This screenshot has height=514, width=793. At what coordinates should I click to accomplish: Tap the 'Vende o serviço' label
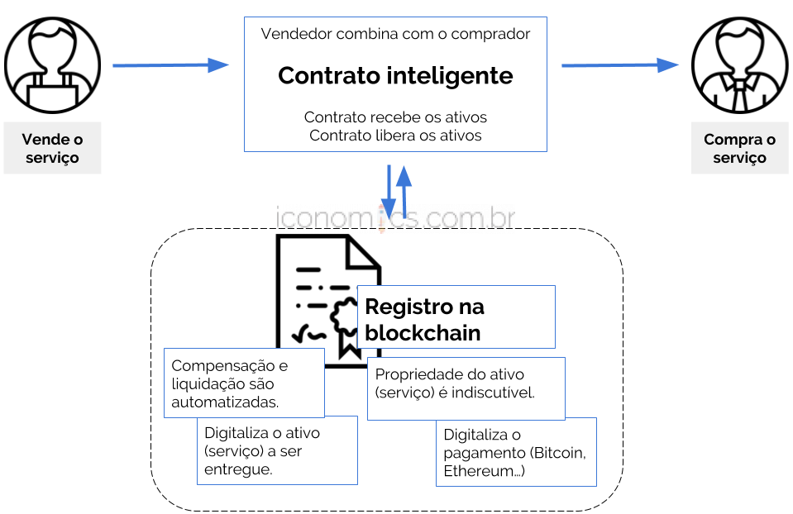[52, 149]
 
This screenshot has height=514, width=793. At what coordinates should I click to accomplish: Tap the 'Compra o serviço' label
[739, 149]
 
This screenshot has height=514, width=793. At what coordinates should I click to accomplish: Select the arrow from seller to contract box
[170, 65]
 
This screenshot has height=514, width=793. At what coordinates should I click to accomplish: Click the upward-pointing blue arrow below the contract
[404, 190]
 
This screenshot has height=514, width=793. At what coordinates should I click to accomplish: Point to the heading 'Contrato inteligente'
[395, 76]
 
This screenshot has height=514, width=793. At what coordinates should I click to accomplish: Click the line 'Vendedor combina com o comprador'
[395, 34]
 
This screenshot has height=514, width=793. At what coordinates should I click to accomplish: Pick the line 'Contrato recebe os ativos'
[395, 117]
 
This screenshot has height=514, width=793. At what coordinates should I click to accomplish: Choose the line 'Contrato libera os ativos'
[395, 136]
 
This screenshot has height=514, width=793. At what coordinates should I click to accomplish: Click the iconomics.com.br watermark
[395, 218]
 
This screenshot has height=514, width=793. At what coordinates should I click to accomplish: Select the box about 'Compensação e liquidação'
[244, 383]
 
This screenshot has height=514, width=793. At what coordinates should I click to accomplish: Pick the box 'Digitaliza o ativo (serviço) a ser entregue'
[276, 450]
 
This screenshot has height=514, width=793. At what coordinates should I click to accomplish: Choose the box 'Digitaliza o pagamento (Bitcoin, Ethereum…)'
[516, 453]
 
